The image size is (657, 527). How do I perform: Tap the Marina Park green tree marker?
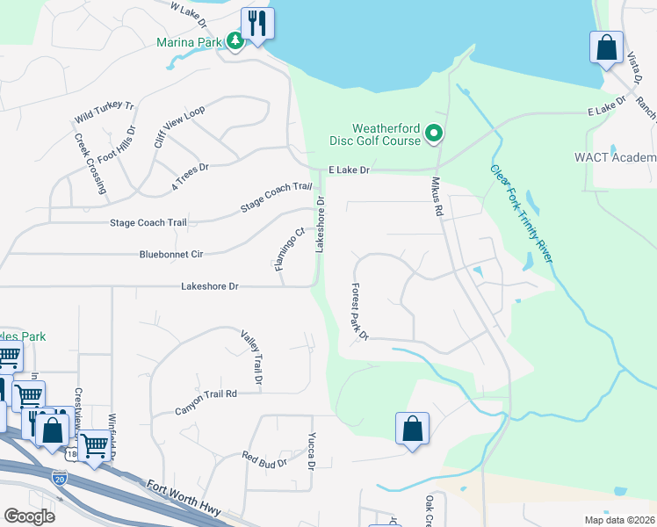click(235, 40)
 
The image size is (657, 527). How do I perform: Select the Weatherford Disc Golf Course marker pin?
click(433, 134)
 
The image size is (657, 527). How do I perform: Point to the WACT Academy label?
click(615, 157)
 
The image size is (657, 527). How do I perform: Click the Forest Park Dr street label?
click(358, 311)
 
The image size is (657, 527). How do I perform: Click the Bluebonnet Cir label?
click(171, 254)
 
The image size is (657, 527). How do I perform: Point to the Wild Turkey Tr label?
click(104, 112)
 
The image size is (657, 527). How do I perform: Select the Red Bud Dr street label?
click(264, 458)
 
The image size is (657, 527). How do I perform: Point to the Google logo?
click(30, 516)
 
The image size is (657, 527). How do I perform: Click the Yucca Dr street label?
click(311, 449)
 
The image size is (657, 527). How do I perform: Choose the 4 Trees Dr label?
click(189, 177)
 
